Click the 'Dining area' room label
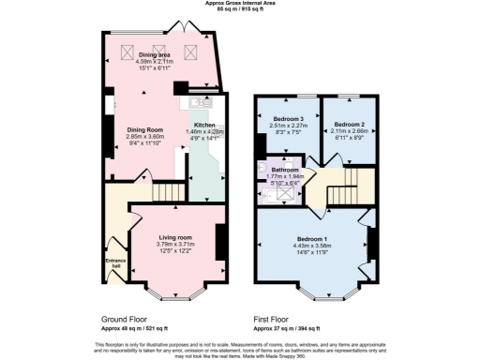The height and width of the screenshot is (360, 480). pyautogui.click(x=155, y=55)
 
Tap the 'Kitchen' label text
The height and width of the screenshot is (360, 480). pyautogui.click(x=204, y=125)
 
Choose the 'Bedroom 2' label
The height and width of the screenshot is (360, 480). pyautogui.click(x=348, y=124)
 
